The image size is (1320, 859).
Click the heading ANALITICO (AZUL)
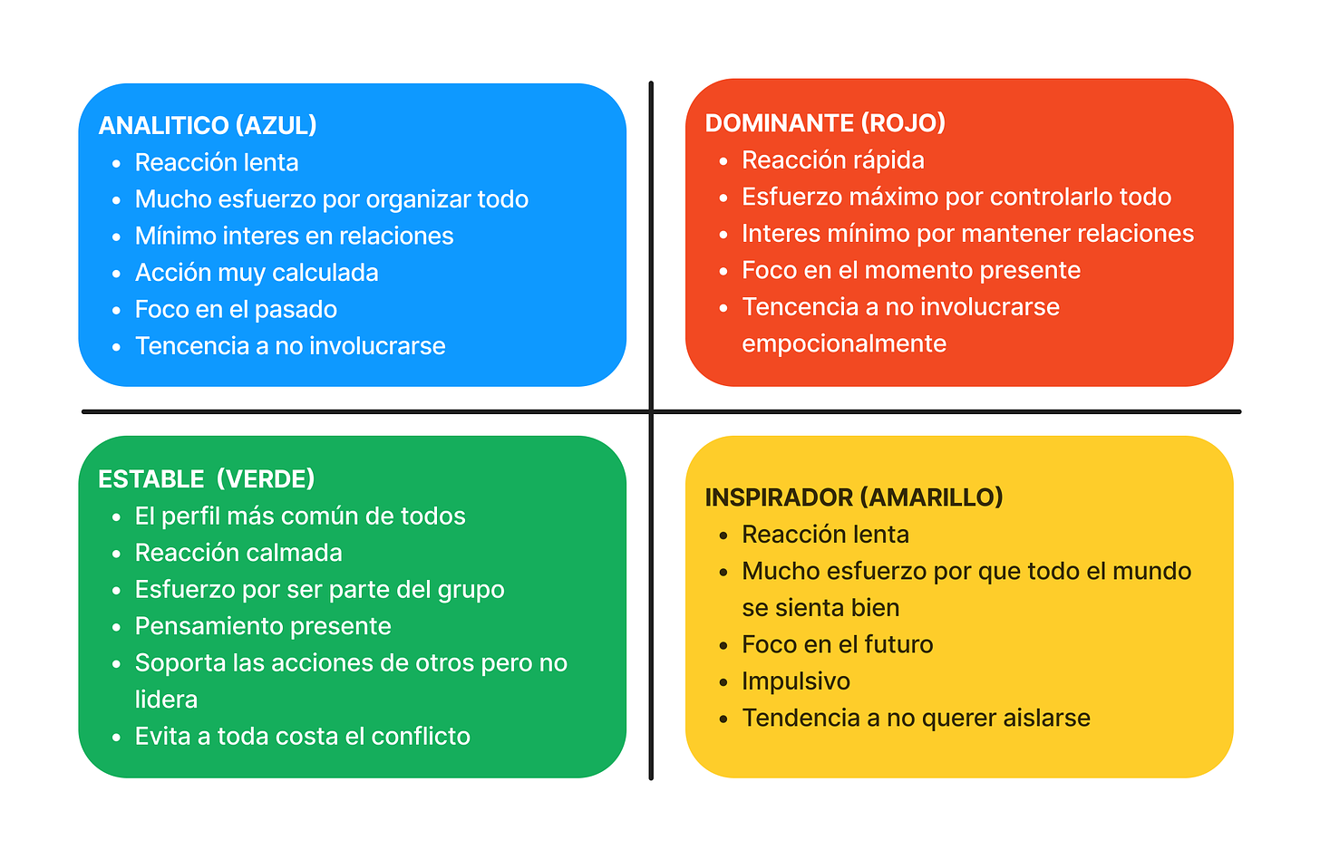tap(208, 125)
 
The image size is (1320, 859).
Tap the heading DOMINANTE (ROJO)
tap(825, 123)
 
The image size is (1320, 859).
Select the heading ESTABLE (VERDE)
tap(207, 478)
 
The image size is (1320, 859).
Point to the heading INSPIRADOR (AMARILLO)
tap(854, 497)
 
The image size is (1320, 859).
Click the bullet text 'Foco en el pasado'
tap(236, 310)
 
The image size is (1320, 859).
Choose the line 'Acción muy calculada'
tap(257, 273)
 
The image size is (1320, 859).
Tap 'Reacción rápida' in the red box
tap(833, 160)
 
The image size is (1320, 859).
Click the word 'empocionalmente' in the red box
tap(844, 344)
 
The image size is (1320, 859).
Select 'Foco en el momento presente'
tap(911, 271)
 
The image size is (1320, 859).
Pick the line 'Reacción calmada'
tap(238, 553)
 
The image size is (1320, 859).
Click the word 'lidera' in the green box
tap(166, 700)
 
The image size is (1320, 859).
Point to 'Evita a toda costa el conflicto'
tap(303, 737)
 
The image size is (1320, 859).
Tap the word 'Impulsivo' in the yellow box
tap(796, 681)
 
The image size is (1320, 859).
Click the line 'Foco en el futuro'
tap(838, 644)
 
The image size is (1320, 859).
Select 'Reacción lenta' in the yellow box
tap(825, 535)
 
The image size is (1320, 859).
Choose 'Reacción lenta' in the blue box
tap(217, 163)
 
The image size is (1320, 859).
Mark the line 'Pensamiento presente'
tap(263, 626)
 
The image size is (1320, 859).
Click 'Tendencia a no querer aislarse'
tap(916, 719)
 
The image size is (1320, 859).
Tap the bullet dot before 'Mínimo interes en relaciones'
tap(116, 237)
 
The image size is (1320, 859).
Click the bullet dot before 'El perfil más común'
tap(116, 517)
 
